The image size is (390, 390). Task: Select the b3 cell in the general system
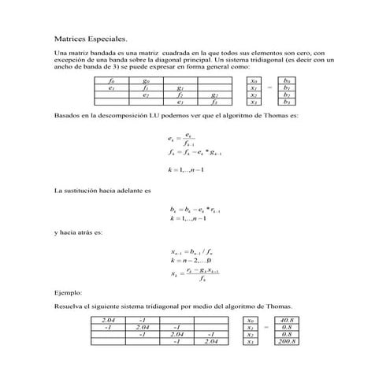[x=287, y=102]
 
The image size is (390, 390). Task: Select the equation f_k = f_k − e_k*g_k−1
[x=195, y=154]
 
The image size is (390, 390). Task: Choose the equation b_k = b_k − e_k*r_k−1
[x=195, y=210]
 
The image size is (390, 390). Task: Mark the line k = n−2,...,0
[x=191, y=260]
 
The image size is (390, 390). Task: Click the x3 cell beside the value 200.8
[x=250, y=342]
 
